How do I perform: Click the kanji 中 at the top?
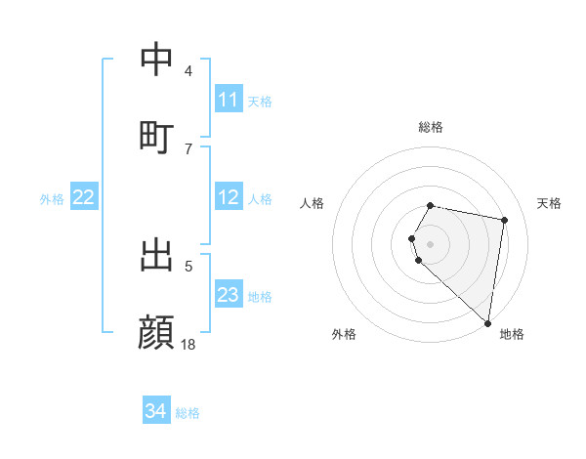(x=156, y=60)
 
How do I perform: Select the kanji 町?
(x=156, y=136)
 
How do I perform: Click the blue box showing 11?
(x=229, y=100)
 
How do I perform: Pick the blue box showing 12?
(x=229, y=197)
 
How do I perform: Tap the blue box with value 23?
(x=229, y=295)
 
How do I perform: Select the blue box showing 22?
(x=84, y=197)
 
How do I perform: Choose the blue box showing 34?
(x=156, y=411)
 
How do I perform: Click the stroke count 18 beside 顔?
(x=188, y=344)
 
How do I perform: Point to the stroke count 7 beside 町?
(x=188, y=148)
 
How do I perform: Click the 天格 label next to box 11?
(x=260, y=101)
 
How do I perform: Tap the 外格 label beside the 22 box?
(x=52, y=198)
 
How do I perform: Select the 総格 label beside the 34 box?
(x=188, y=412)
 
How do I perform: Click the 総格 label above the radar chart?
(x=431, y=127)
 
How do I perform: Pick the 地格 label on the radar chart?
(x=512, y=334)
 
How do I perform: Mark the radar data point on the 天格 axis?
(x=504, y=220)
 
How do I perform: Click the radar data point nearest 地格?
(x=487, y=322)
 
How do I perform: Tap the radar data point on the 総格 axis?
(x=431, y=205)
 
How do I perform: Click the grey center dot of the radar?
(x=431, y=243)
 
